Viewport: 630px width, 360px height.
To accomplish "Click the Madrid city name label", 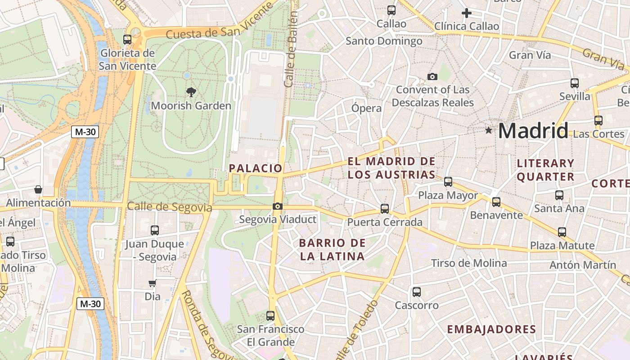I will click(x=533, y=131).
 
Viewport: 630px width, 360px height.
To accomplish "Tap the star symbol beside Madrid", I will click(x=489, y=130).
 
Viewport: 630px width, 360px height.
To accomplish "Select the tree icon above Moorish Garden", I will click(x=191, y=92).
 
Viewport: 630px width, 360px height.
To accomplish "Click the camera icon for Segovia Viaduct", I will click(x=278, y=207).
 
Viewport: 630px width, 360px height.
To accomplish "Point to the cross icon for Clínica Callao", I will click(x=467, y=13).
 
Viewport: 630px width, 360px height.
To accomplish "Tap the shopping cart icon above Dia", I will click(x=153, y=283).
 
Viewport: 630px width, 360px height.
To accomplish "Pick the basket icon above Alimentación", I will click(x=38, y=190).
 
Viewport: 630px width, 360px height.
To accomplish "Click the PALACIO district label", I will click(x=256, y=168).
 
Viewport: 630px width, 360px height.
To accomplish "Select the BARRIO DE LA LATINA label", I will click(x=332, y=250).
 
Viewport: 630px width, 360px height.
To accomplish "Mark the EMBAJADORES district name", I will click(x=491, y=329).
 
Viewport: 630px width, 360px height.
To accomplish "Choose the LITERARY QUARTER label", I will click(x=545, y=170).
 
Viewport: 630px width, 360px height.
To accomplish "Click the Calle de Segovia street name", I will click(x=169, y=207).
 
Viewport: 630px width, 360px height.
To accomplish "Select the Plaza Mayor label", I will click(x=448, y=195).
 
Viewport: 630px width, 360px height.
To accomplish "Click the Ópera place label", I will click(x=366, y=108).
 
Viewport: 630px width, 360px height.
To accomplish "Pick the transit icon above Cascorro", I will click(x=417, y=292).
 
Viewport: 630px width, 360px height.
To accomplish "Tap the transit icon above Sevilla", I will click(x=575, y=83).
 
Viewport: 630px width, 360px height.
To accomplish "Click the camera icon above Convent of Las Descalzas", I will click(x=432, y=76).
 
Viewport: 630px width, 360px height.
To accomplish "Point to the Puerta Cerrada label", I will click(x=385, y=222).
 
